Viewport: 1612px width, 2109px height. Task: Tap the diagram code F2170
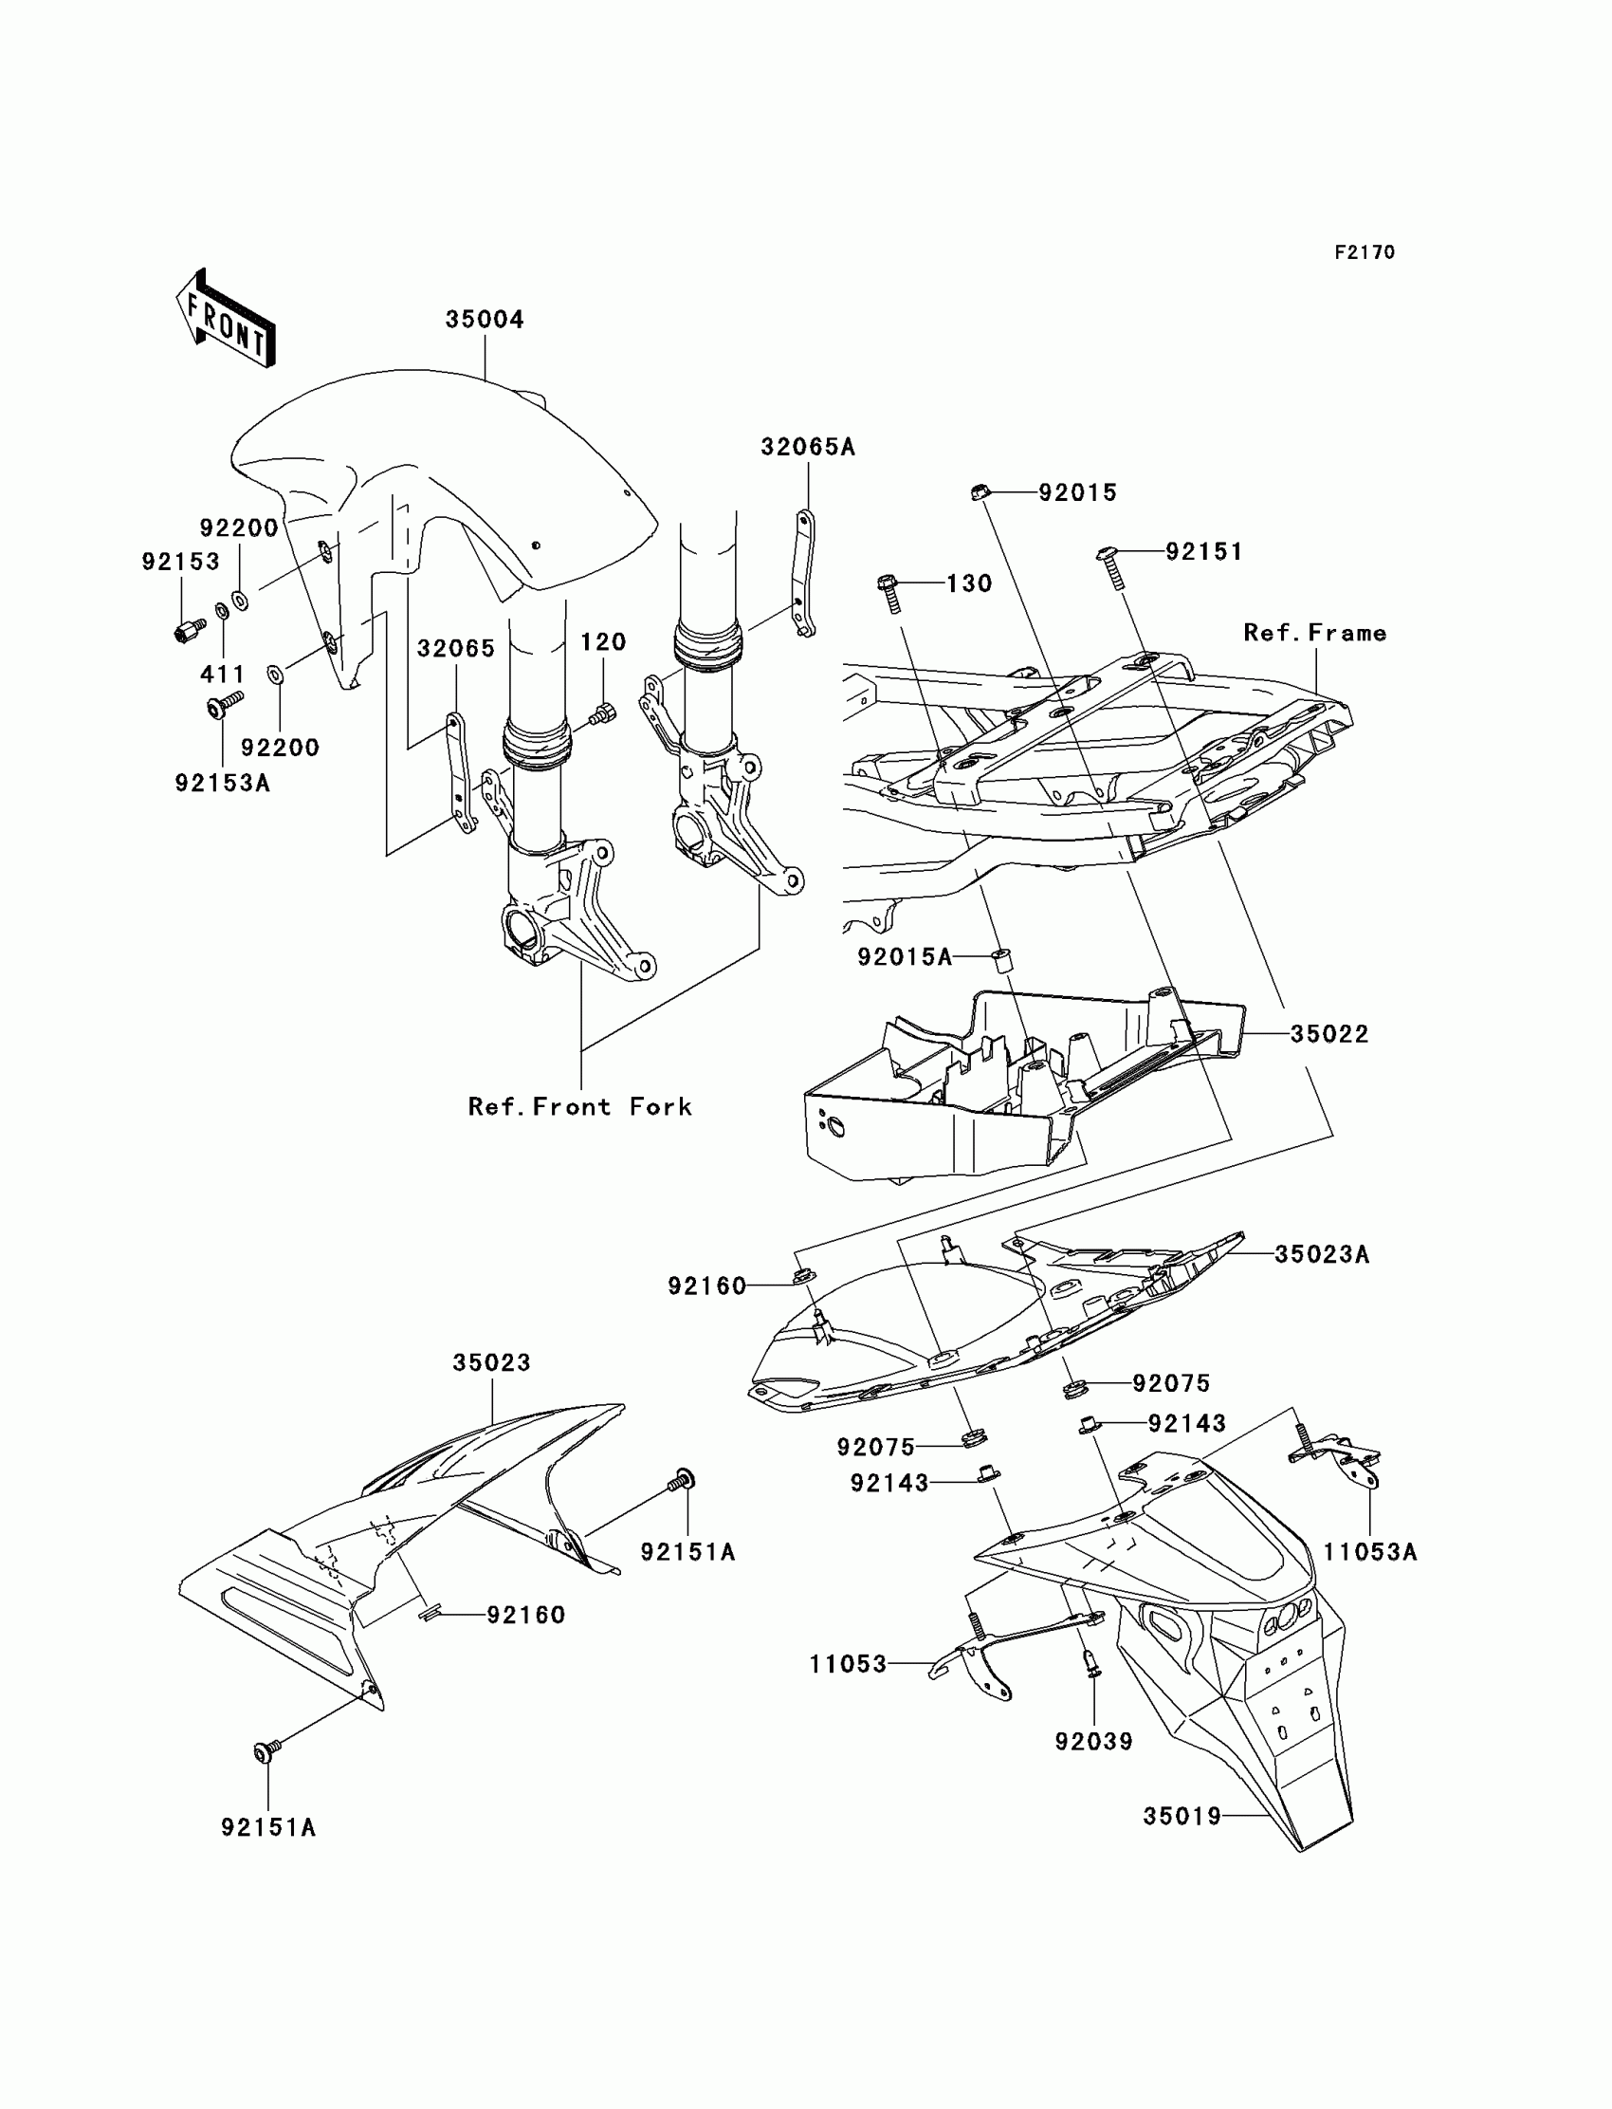pyautogui.click(x=1364, y=252)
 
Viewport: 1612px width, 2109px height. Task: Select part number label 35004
pyautogui.click(x=485, y=320)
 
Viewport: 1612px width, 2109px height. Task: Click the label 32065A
pyautogui.click(x=807, y=447)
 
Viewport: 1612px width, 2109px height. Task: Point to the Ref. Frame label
pyautogui.click(x=1314, y=633)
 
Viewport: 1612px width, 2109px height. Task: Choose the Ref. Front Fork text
pyautogui.click(x=579, y=1107)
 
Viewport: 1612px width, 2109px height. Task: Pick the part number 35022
pyautogui.click(x=1328, y=1034)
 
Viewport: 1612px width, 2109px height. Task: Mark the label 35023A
pyautogui.click(x=1321, y=1254)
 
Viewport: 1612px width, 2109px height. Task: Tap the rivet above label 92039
pyautogui.click(x=1093, y=1686)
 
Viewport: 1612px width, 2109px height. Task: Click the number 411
pyautogui.click(x=222, y=674)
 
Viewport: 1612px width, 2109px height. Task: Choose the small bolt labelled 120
pyautogui.click(x=603, y=713)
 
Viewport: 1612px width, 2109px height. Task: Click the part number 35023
pyautogui.click(x=491, y=1363)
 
